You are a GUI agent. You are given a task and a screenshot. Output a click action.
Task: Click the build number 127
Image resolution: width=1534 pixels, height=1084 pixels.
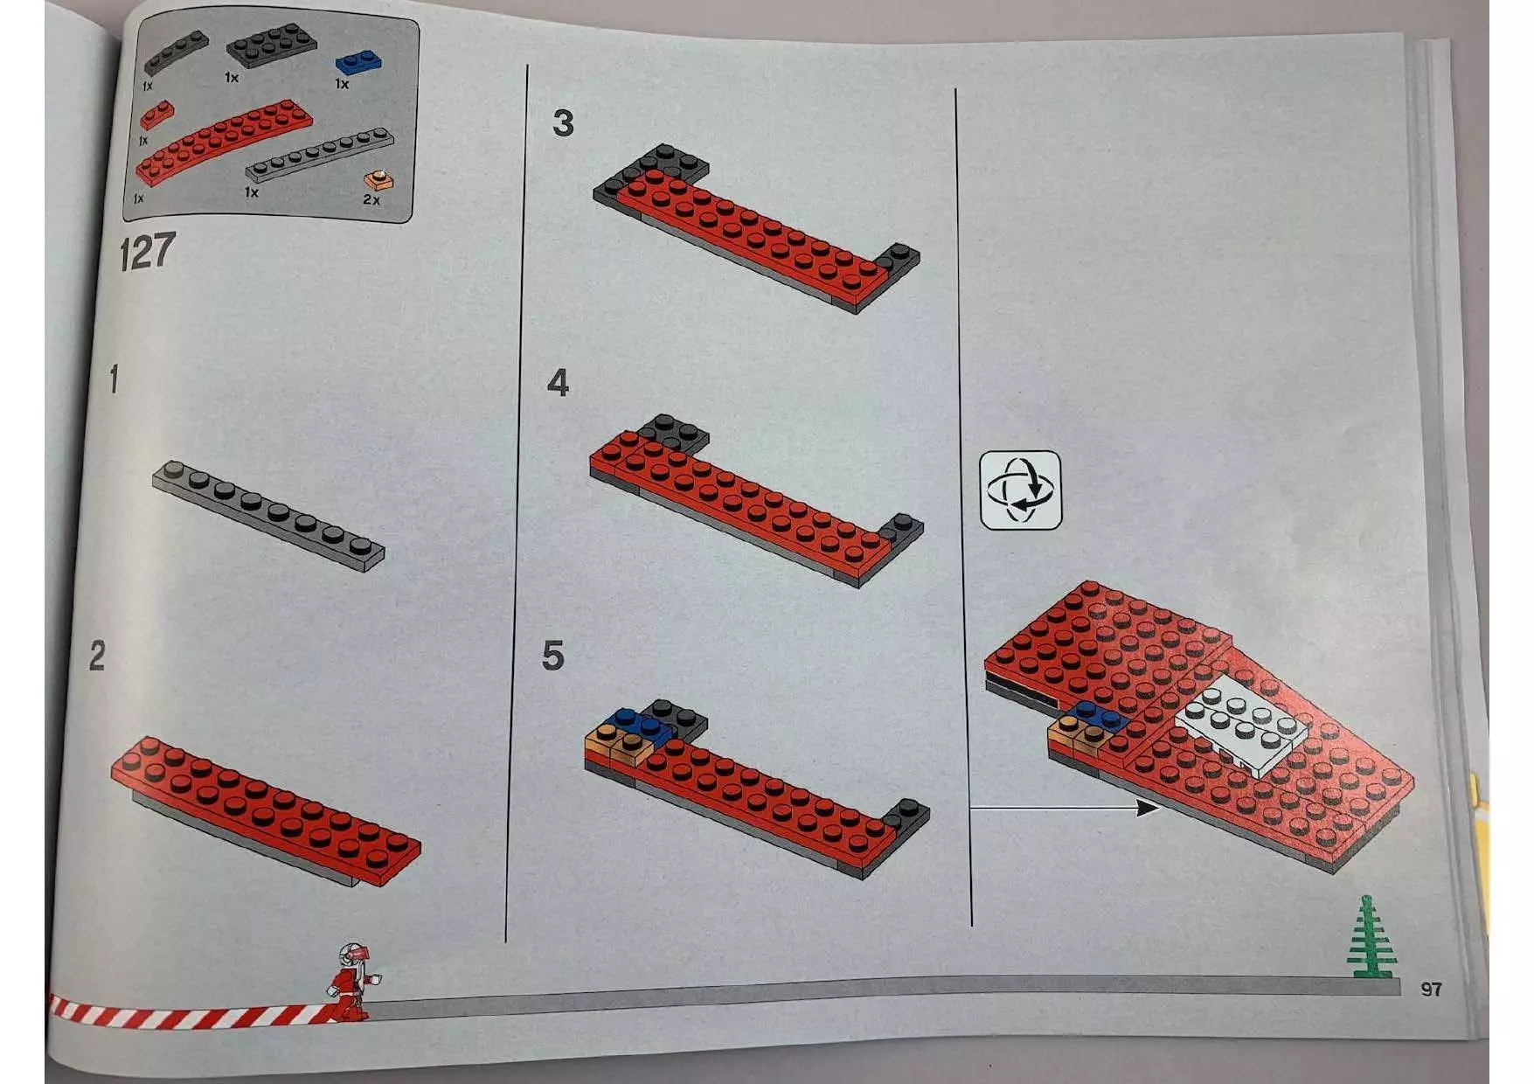(x=148, y=251)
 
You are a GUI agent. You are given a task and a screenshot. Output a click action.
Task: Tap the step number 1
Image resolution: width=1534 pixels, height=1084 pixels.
(x=114, y=380)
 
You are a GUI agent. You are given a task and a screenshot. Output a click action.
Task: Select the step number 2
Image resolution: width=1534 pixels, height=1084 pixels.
(x=97, y=656)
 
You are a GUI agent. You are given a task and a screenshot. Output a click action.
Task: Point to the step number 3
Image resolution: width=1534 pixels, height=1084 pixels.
(x=564, y=123)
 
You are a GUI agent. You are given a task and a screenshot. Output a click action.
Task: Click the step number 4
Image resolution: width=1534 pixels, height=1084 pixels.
(x=558, y=383)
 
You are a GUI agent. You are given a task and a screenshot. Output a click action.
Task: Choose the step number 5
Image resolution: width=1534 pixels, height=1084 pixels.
(x=553, y=656)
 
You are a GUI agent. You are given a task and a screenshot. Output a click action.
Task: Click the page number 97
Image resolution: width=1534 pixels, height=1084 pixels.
(x=1431, y=989)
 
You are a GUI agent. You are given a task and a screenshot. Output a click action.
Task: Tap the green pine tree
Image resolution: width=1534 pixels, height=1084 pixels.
(x=1370, y=937)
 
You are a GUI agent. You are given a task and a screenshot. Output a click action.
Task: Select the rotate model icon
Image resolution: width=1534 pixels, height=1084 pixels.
(x=1021, y=490)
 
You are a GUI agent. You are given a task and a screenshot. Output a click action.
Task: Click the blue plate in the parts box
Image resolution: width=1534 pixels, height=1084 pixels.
(x=358, y=63)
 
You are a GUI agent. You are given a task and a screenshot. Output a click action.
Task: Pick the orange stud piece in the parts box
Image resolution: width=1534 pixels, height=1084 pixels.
(x=378, y=180)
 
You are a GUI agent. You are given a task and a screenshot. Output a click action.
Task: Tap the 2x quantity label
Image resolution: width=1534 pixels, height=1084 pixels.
(x=371, y=200)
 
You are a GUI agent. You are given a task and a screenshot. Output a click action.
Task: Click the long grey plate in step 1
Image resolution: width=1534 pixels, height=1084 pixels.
(x=268, y=516)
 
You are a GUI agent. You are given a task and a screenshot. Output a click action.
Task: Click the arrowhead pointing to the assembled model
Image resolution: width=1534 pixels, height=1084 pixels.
(x=1149, y=808)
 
